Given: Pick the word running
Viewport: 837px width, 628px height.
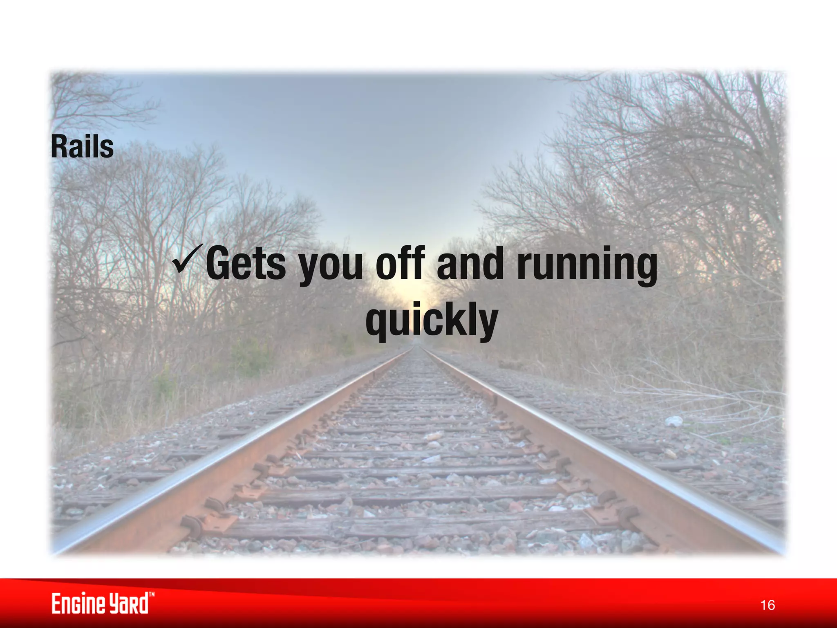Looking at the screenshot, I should pos(587,266).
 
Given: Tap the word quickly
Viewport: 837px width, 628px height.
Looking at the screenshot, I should pos(432,321).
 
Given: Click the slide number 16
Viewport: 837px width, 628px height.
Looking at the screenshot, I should pos(768,605).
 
